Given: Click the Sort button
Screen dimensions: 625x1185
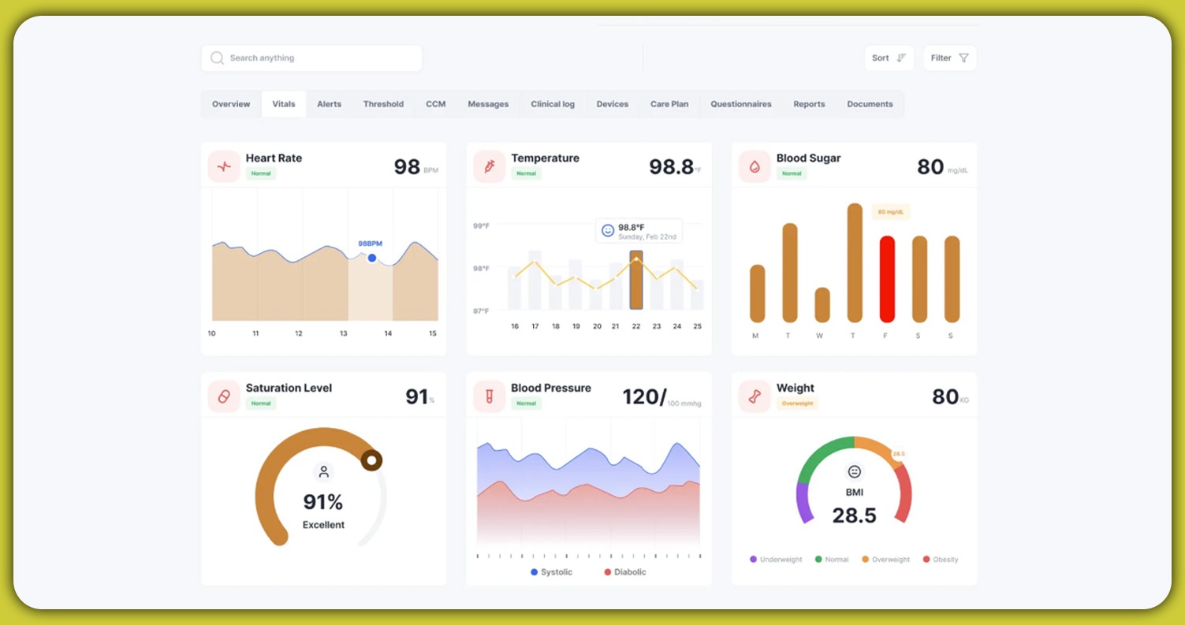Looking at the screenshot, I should (889, 58).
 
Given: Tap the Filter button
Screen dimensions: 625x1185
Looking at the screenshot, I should (949, 58).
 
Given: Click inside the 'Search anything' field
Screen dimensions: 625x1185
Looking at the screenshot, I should (311, 58).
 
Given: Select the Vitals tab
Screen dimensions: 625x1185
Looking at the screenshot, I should (284, 104).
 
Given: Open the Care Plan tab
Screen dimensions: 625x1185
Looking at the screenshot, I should (669, 104).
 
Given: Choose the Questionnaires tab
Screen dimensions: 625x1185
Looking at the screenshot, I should (740, 104).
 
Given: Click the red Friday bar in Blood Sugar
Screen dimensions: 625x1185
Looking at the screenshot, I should (887, 279).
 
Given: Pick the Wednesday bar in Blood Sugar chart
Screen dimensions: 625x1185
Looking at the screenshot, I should (822, 305).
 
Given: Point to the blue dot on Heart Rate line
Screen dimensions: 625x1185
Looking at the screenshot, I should (372, 258).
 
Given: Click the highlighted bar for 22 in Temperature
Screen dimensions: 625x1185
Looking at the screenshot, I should (636, 280).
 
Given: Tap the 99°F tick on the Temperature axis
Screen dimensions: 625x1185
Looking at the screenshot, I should (481, 226).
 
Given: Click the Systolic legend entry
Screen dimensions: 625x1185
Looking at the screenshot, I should (551, 572).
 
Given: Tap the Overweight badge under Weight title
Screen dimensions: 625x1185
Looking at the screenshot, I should (797, 404).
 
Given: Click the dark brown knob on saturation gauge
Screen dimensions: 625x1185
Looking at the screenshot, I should (371, 460).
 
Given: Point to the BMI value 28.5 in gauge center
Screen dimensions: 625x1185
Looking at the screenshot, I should (854, 515).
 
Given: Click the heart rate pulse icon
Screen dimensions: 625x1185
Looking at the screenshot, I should (224, 166).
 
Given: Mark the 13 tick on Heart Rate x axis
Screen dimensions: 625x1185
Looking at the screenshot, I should (343, 333).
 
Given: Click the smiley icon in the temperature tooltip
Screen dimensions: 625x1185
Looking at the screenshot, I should (608, 230).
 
